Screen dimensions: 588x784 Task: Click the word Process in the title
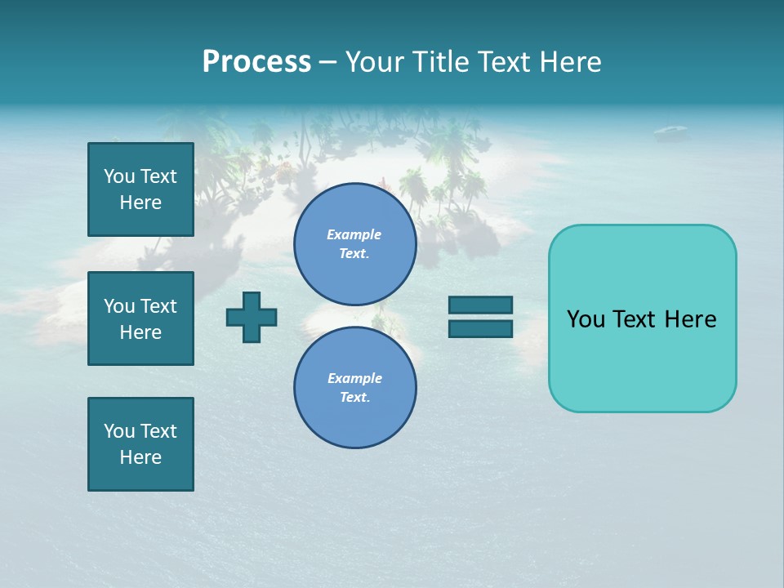tap(256, 62)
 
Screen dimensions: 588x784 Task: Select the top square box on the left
tap(140, 189)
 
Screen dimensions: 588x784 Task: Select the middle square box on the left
tap(140, 318)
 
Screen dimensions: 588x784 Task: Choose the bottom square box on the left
tap(140, 444)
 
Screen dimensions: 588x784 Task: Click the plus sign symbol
tap(252, 317)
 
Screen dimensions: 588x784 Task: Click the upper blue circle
tap(354, 244)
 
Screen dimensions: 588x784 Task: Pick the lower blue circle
tap(354, 388)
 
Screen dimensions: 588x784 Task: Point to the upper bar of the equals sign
tap(480, 305)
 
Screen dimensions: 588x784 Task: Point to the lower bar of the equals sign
tap(480, 328)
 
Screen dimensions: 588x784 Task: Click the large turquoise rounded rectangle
tap(642, 318)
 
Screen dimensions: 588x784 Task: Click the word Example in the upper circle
tap(354, 234)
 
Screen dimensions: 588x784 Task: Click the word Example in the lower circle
tap(354, 378)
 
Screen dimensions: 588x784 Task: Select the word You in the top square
tap(118, 176)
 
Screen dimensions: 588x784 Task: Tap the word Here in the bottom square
tap(140, 457)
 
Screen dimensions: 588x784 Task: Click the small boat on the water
tap(670, 130)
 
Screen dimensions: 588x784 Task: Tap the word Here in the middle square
tap(140, 332)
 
